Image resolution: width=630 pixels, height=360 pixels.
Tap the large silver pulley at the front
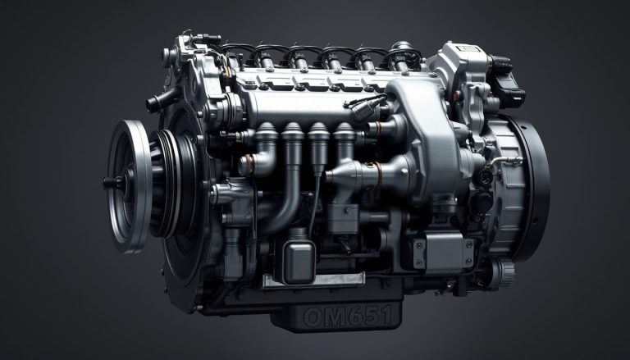pyautogui.click(x=131, y=185)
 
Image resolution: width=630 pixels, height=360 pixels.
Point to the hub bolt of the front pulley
pyautogui.click(x=109, y=181)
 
